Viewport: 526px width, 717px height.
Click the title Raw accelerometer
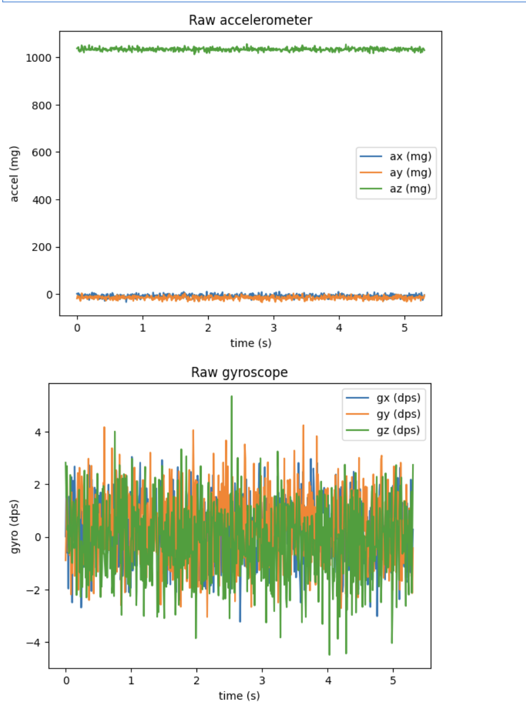click(250, 20)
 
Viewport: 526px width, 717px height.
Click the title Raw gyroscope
click(239, 372)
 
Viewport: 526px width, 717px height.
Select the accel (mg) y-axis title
click(15, 174)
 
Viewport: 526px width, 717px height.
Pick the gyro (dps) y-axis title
click(15, 525)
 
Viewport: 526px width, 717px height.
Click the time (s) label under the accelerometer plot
click(250, 343)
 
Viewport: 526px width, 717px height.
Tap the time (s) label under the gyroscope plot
click(239, 696)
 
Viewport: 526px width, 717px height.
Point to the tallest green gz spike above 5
click(232, 397)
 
